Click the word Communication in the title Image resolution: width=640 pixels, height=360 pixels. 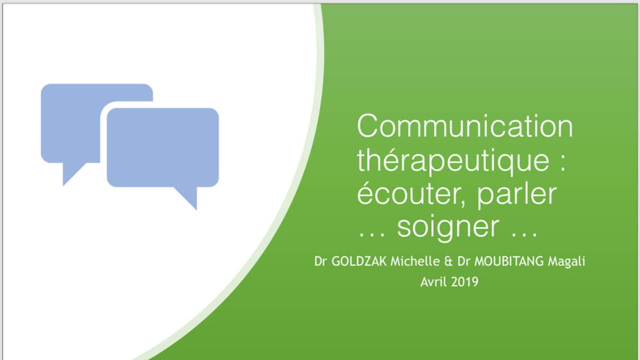pos(464,126)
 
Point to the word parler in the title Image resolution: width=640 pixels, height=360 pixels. pos(516,194)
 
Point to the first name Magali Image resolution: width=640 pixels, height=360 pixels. pos(566,262)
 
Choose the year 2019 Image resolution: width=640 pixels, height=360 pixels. pos(464,281)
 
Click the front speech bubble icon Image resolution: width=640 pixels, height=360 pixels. pos(163,147)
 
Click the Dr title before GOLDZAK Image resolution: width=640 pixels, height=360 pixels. pos(320,261)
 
